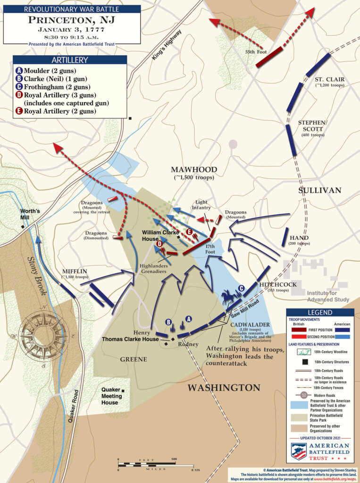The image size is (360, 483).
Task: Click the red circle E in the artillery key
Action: (18, 111)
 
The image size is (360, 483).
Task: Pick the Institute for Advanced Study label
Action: (328, 296)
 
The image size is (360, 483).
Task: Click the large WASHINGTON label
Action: (224, 388)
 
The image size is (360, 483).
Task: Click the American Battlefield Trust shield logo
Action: (299, 451)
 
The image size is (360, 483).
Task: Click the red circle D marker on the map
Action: (159, 243)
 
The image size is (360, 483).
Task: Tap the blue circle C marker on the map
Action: (241, 288)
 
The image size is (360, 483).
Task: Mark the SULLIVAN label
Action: (319, 190)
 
